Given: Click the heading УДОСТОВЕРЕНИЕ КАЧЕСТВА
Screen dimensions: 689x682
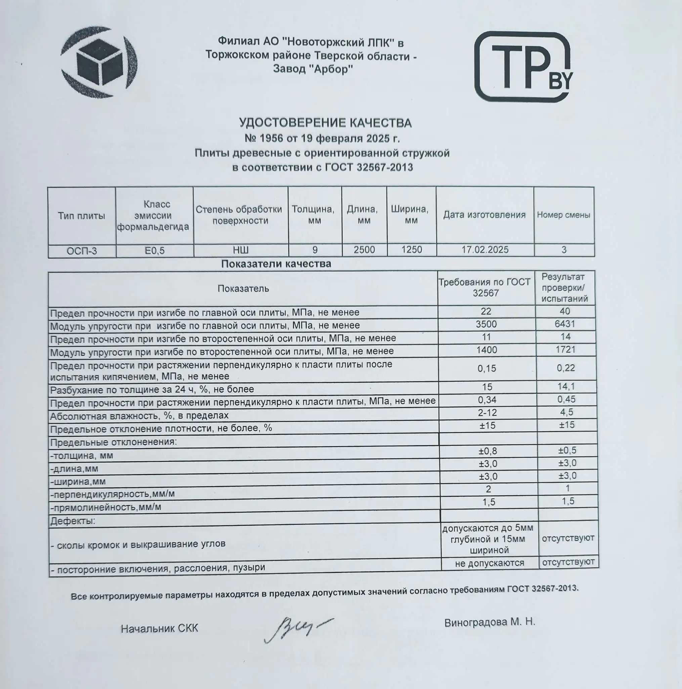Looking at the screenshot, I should [x=325, y=123].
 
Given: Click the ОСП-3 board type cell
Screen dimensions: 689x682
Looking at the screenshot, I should [x=82, y=251].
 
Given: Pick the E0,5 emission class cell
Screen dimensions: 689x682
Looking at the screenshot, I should [x=155, y=251].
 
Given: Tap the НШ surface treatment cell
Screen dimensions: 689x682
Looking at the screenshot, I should [x=241, y=250].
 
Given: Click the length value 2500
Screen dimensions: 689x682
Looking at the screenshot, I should [x=364, y=250].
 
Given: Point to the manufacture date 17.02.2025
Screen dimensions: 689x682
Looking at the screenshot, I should [x=485, y=250].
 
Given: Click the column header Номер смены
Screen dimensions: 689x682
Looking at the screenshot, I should [x=563, y=215].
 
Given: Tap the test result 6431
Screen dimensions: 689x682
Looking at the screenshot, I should [x=565, y=324].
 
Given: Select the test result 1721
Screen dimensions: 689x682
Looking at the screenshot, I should [x=565, y=350].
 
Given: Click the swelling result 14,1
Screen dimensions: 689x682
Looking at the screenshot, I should [x=566, y=386].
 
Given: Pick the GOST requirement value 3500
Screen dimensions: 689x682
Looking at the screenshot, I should [x=486, y=324].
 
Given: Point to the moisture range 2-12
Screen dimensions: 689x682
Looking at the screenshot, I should [x=487, y=412].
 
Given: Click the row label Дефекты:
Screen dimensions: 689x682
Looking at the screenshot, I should [x=73, y=521].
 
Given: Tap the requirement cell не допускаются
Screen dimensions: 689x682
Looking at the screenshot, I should [x=489, y=563].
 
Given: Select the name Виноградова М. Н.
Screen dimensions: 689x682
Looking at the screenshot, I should [x=489, y=622].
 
